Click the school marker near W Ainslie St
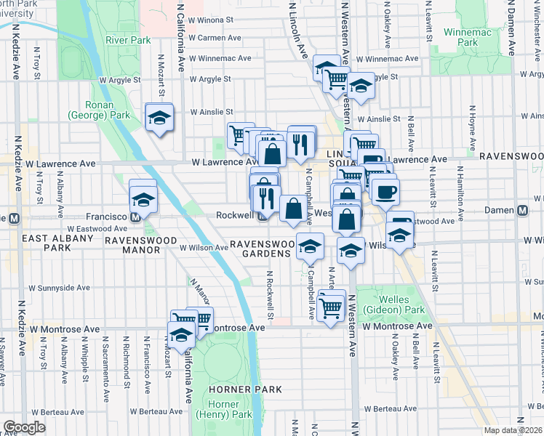point(159,117)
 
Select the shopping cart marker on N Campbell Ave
point(331,307)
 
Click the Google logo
point(25,427)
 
